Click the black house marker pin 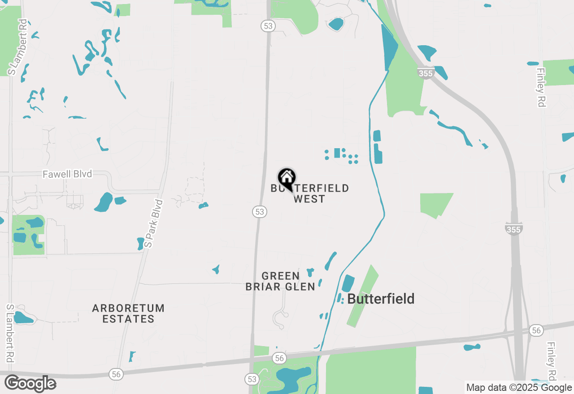coord(287,179)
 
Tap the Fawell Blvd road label coord(67,174)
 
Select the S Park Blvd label coord(154,223)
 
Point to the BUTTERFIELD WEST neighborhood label coord(309,193)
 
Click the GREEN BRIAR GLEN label coord(280,281)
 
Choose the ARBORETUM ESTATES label coord(128,313)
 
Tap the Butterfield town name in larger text coord(381,299)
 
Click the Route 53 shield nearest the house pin coord(260,212)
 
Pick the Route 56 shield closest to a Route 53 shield coord(279,358)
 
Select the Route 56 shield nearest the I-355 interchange coord(535,330)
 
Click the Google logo coord(30,383)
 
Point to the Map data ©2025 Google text coord(519,388)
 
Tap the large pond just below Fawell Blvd coord(104,202)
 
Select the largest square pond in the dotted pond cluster coord(337,153)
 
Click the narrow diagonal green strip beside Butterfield coord(362,295)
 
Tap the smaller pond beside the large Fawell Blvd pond coord(120,201)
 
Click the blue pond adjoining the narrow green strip coord(348,283)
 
